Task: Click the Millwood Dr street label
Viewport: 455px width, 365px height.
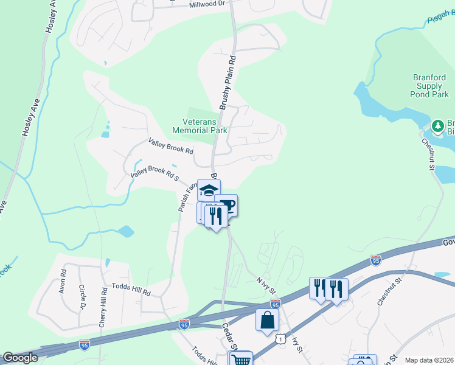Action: pyautogui.click(x=207, y=4)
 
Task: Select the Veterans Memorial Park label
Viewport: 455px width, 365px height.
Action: pyautogui.click(x=200, y=126)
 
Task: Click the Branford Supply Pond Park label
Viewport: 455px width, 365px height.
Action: pyautogui.click(x=430, y=86)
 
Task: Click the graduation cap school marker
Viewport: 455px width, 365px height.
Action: pyautogui.click(x=209, y=190)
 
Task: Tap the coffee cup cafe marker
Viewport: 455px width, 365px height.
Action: pyautogui.click(x=227, y=205)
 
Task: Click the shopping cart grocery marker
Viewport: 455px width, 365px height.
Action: pyautogui.click(x=240, y=360)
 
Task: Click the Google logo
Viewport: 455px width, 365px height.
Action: pyautogui.click(x=20, y=358)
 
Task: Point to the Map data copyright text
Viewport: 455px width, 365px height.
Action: pyautogui.click(x=429, y=360)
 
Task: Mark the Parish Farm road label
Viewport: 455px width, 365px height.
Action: pyautogui.click(x=185, y=197)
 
